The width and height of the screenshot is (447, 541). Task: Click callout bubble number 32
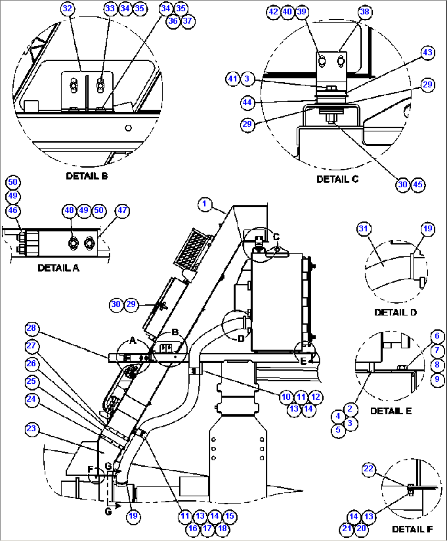[68, 9]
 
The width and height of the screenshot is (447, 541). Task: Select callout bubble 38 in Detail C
[365, 12]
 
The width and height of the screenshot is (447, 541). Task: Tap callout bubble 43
[428, 53]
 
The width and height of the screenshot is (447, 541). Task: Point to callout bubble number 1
[205, 204]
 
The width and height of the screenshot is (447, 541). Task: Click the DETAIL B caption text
[87, 176]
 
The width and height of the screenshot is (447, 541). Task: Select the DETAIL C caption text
[337, 179]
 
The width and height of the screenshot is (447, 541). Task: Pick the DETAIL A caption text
[58, 268]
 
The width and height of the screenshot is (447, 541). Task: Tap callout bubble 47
[122, 210]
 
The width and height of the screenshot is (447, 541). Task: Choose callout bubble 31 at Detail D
[363, 229]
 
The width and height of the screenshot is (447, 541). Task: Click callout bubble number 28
[32, 328]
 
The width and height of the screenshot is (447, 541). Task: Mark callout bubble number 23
[32, 429]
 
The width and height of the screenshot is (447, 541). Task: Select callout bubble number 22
[369, 469]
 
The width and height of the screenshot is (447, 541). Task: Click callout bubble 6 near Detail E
[437, 336]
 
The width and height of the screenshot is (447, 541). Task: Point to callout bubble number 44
[247, 102]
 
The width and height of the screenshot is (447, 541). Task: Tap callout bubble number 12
[315, 397]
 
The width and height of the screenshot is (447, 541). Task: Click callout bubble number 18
[222, 528]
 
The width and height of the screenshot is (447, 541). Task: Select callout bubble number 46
[13, 210]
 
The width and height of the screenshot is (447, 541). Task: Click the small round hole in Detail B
[128, 128]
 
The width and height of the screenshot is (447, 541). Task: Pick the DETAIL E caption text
[390, 411]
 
